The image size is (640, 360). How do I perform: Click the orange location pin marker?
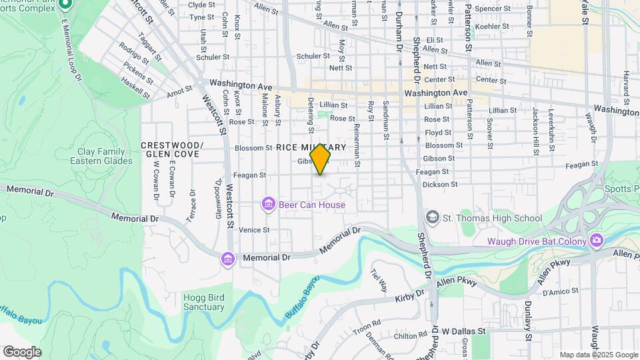click(x=321, y=160)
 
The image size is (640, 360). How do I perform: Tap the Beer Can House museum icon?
click(x=269, y=204)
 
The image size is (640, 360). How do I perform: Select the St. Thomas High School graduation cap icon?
click(x=433, y=218)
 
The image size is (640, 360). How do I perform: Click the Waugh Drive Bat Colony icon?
click(x=596, y=241)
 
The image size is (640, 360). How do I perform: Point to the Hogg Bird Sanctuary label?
click(x=203, y=302)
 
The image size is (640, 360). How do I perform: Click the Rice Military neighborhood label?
click(x=311, y=147)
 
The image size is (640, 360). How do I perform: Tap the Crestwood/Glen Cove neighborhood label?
click(x=171, y=149)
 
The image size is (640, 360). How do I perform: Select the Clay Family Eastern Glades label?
click(x=101, y=156)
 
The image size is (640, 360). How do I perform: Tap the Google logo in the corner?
click(x=22, y=352)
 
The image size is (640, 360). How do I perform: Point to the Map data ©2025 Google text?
click(x=599, y=355)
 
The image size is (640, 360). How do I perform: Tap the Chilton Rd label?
click(x=395, y=337)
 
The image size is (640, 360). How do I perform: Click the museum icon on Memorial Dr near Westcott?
click(x=228, y=259)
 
